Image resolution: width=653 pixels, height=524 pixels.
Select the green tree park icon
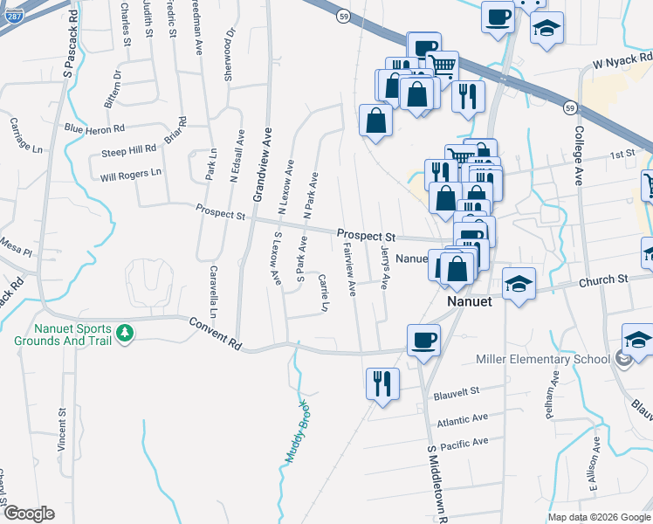[126, 333]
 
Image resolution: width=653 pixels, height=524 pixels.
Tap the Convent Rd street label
[215, 334]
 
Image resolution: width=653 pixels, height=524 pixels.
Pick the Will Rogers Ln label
[131, 175]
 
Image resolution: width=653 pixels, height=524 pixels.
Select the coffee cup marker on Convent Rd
[424, 340]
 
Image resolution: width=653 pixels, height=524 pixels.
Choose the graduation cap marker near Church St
[519, 284]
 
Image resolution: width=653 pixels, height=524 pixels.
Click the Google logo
[28, 514]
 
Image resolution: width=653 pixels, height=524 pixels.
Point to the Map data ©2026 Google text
[598, 517]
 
